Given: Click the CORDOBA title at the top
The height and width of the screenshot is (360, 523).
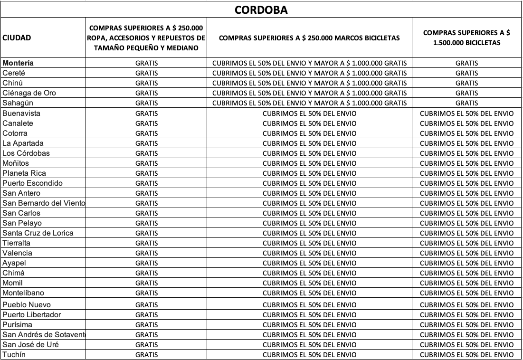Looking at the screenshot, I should click(x=261, y=9).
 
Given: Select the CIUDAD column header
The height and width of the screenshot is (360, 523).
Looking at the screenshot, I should click(x=17, y=38).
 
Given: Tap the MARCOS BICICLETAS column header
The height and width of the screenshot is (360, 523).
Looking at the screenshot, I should click(x=309, y=38).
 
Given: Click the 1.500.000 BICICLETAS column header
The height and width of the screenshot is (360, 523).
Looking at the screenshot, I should click(x=466, y=38).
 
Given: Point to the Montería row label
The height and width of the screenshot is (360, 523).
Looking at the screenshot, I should click(x=18, y=63).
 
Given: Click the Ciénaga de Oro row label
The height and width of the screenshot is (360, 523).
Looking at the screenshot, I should click(x=29, y=93).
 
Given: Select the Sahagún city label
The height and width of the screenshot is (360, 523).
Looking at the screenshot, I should click(x=18, y=103).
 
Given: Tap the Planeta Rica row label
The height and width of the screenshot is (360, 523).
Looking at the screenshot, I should click(x=24, y=173).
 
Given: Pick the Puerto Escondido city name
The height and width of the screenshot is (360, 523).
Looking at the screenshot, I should click(x=32, y=183).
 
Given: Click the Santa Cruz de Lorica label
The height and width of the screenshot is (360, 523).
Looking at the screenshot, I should click(x=38, y=233).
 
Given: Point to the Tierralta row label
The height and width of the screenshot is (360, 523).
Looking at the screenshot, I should click(x=17, y=243).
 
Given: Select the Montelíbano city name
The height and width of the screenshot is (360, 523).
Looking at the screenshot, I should click(x=23, y=293).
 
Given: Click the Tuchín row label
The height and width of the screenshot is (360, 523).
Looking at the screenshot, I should click(x=14, y=354).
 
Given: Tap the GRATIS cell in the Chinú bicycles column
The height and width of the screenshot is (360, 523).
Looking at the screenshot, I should click(x=466, y=83).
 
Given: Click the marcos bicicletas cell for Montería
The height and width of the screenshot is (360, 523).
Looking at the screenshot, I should click(x=309, y=63).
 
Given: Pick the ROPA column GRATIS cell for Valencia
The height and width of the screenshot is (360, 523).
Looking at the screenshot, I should click(x=147, y=253).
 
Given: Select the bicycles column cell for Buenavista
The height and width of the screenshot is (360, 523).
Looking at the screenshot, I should click(x=466, y=114).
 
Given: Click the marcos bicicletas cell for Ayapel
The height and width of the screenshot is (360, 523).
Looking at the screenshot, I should click(x=309, y=263).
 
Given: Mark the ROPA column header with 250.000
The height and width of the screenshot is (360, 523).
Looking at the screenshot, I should click(x=147, y=38).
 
